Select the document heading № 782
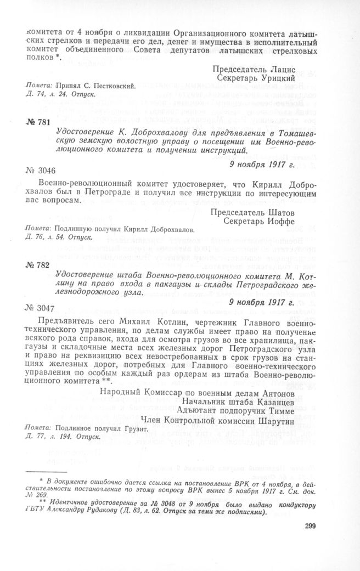point(38,265)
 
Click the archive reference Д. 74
point(33,95)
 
